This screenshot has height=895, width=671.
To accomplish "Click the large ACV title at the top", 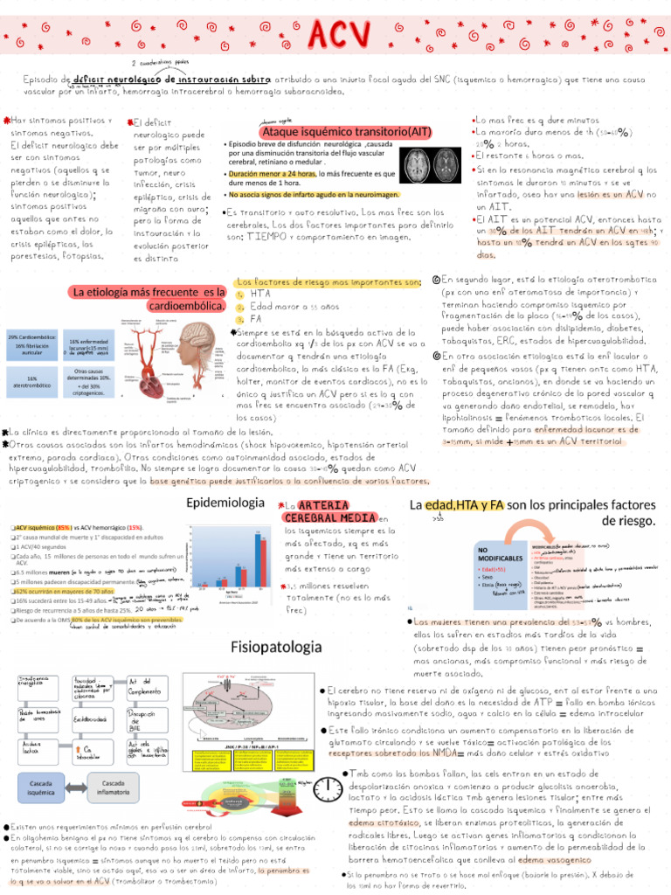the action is pos(335,34).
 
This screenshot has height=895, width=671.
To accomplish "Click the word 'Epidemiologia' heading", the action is pos(225,503).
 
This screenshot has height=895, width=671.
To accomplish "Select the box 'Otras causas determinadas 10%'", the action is pos(88,381).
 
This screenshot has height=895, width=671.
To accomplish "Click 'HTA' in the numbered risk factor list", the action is pos(261,295).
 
